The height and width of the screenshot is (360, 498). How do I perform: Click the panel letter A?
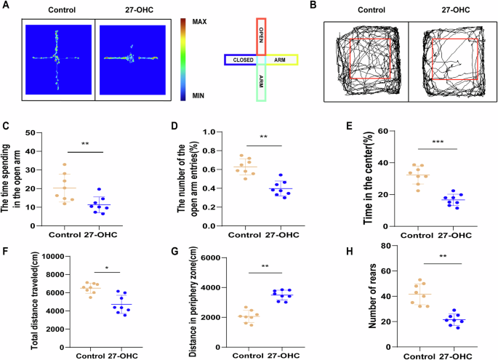[6, 6]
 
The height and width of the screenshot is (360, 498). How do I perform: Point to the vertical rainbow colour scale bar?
[182, 59]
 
